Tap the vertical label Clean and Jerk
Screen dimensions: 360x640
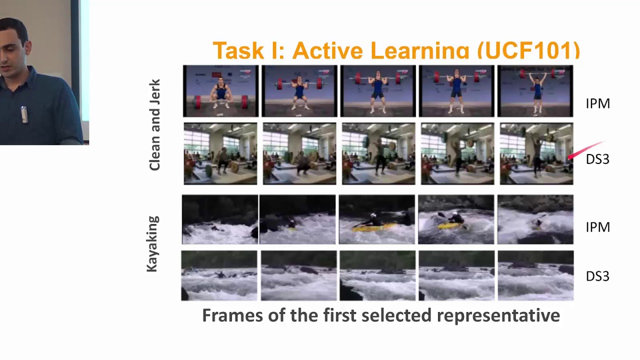154,124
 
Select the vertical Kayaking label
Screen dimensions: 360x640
152,243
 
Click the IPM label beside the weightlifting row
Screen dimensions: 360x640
597,103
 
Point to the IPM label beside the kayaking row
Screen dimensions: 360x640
597,227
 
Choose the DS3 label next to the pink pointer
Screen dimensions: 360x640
597,159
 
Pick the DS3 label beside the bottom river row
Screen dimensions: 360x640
597,276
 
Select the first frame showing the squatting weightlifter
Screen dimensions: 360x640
220,91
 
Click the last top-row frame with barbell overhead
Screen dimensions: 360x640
535,91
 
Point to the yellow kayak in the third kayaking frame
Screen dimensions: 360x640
373,226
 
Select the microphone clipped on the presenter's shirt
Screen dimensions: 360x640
23,114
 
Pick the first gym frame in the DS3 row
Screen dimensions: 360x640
220,153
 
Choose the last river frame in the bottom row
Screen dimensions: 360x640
535,275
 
